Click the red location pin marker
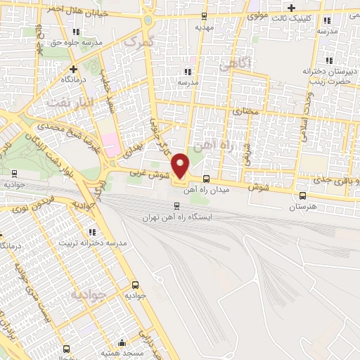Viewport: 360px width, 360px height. (181, 165)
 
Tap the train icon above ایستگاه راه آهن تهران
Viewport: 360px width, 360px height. (176, 206)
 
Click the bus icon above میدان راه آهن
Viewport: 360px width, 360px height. (206, 179)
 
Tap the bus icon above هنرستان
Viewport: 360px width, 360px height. (302, 196)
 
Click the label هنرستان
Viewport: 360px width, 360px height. (302, 207)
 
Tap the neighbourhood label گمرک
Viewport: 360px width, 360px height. (137, 42)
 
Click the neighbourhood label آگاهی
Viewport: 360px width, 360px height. (235, 64)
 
